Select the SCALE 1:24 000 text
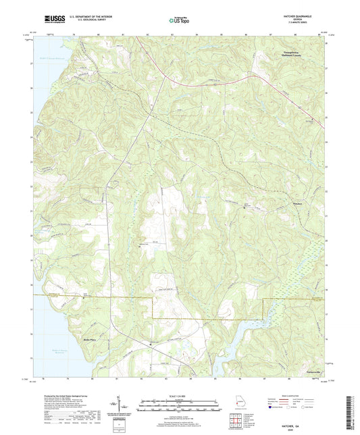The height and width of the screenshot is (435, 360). tap(179, 397)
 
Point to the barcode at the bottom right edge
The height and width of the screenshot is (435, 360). tap(352, 405)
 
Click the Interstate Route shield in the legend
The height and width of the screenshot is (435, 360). tap(272, 417)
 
